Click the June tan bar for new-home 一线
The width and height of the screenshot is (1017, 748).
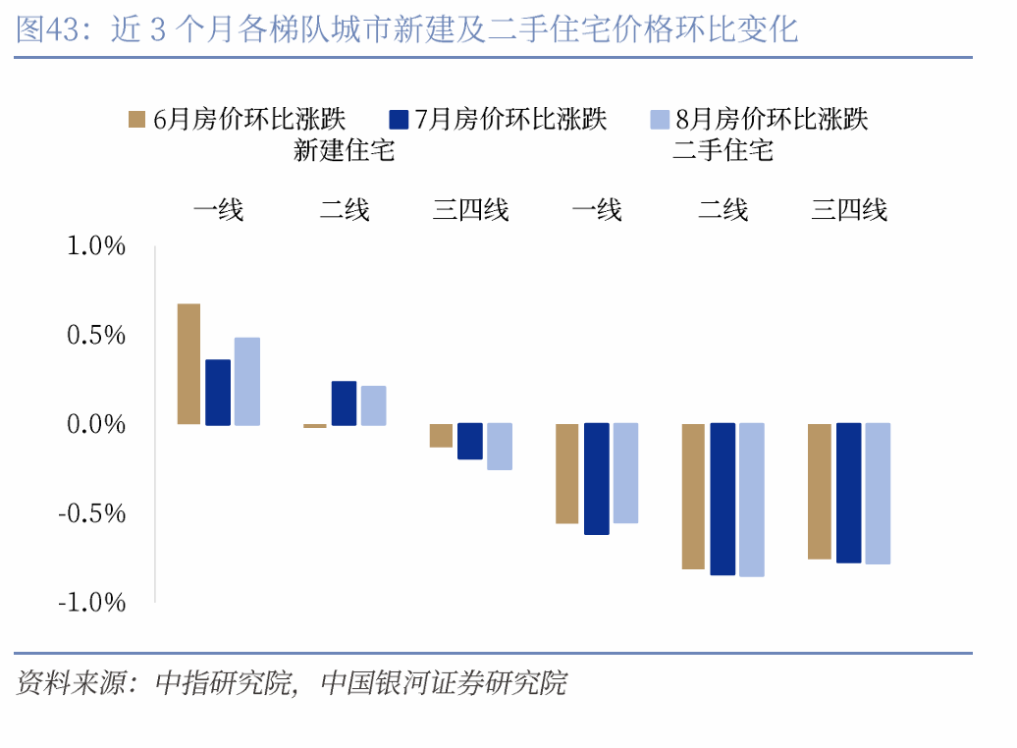tap(188, 364)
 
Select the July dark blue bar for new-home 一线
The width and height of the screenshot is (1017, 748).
tap(218, 393)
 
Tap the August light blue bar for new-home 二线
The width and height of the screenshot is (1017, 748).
tap(373, 405)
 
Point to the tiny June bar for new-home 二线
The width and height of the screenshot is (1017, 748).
tap(315, 426)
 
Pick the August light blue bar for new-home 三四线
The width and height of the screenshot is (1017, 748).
tap(500, 447)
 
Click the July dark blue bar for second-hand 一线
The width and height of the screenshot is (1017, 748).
tap(597, 479)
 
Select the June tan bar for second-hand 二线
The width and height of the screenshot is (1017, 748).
tap(693, 497)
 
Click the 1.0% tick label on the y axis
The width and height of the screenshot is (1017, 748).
tap(96, 245)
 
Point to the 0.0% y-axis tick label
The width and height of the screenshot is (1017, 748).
tap(96, 424)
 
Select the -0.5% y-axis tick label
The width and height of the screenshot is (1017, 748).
tap(92, 513)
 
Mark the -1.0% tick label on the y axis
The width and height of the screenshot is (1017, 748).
tap(92, 602)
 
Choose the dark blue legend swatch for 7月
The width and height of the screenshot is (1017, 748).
tap(399, 120)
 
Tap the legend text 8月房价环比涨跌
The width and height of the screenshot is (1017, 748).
tap(773, 120)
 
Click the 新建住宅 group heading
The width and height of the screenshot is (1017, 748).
tap(344, 150)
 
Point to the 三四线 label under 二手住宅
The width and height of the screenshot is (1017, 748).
tap(849, 209)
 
